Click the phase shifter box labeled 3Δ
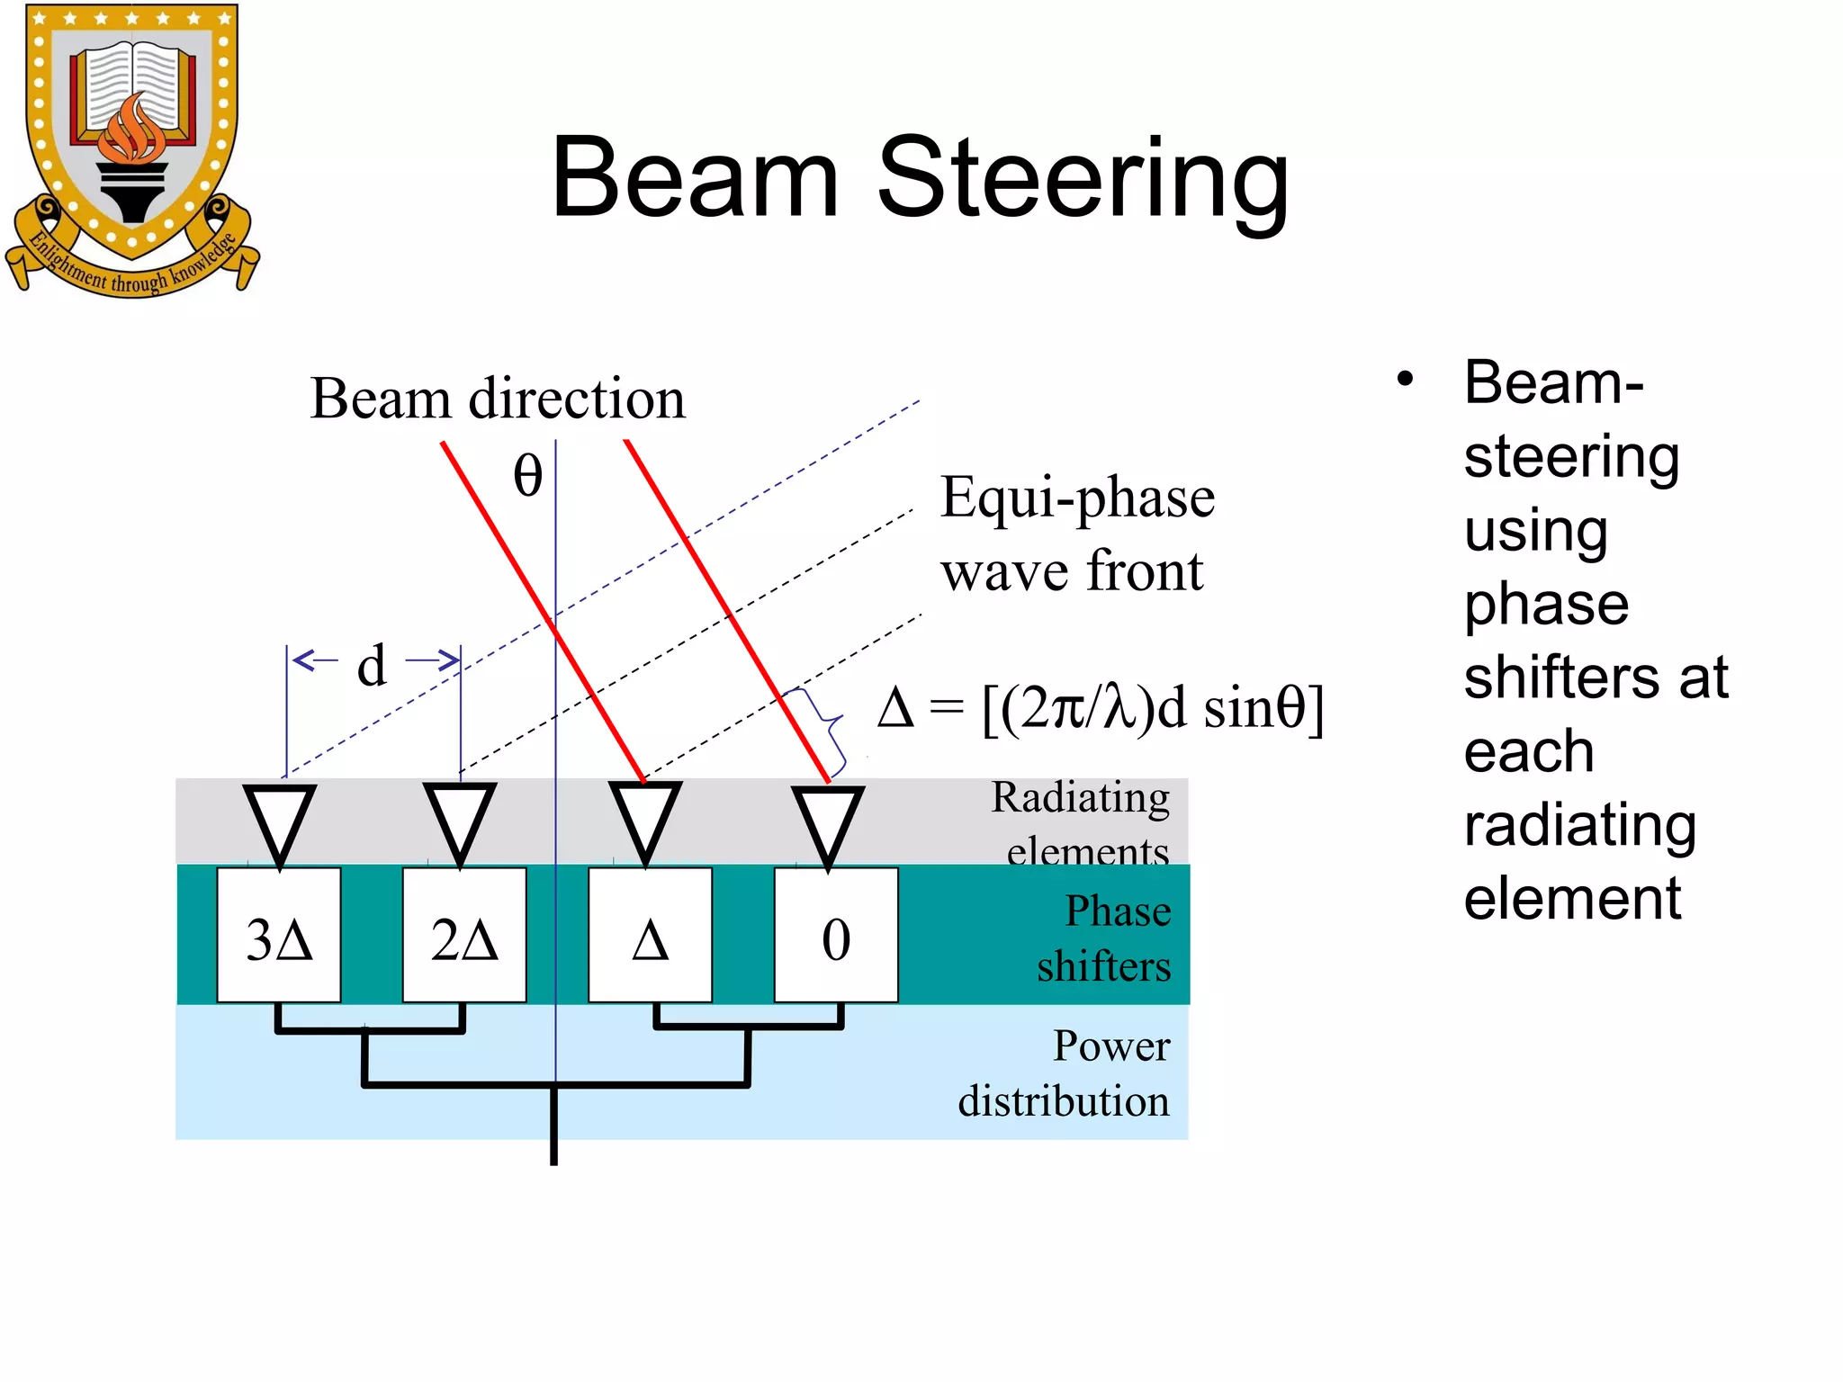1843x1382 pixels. [279, 935]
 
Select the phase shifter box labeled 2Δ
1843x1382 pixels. [464, 935]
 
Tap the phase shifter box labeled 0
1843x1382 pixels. [836, 935]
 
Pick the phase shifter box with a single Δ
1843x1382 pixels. [650, 935]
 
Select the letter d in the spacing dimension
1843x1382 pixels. [372, 666]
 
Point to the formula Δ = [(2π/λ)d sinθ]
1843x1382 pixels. [1101, 709]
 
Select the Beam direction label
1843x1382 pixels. [497, 398]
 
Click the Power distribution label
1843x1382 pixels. [1065, 1072]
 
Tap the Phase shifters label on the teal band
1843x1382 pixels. [1104, 938]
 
